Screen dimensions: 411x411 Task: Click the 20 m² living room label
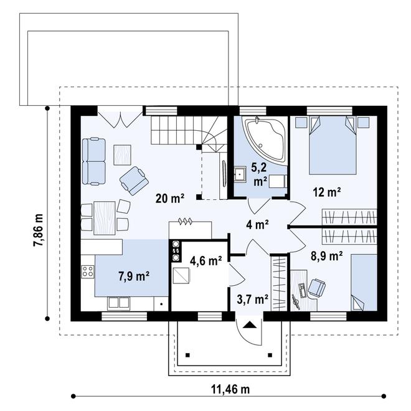(170, 198)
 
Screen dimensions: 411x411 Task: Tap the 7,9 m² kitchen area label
(134, 276)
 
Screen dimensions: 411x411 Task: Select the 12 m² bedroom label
(327, 192)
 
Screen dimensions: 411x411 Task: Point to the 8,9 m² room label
(326, 256)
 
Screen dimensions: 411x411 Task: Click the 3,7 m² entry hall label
(252, 299)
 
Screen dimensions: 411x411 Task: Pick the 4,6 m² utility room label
(205, 261)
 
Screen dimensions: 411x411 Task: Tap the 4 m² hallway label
(257, 225)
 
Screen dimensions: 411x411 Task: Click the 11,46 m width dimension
(230, 389)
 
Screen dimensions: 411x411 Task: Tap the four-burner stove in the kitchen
(88, 272)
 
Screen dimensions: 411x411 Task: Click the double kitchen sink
(118, 303)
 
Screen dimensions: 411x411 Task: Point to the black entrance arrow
(250, 325)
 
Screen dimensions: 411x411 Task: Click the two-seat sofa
(94, 161)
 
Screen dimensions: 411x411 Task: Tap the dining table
(105, 218)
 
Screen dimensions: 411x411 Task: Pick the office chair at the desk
(317, 288)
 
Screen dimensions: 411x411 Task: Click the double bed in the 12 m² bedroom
(333, 146)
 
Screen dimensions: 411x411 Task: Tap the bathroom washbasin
(240, 174)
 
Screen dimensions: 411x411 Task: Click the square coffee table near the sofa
(123, 155)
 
